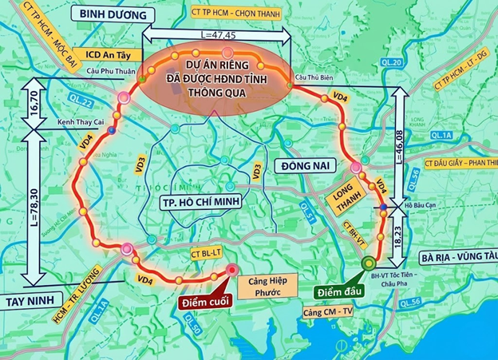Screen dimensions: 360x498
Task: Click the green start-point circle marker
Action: (369, 263)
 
